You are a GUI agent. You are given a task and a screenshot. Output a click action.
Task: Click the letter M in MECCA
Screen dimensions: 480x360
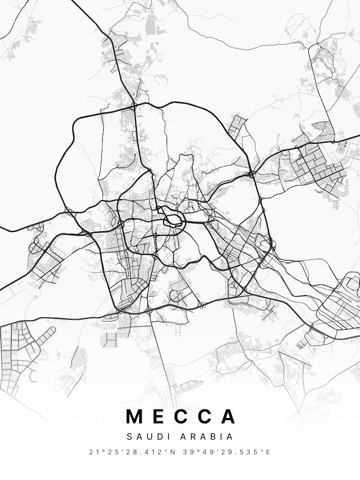pyautogui.click(x=135, y=416)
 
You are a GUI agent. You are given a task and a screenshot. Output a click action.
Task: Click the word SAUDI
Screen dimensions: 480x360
pyautogui.click(x=145, y=437)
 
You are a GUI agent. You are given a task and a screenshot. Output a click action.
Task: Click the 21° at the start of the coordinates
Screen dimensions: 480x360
pyautogui.click(x=94, y=452)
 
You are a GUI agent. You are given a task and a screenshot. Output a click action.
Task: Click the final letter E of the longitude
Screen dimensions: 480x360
pyautogui.click(x=268, y=452)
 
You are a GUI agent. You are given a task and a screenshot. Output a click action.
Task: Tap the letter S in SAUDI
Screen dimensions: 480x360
pyautogui.click(x=129, y=437)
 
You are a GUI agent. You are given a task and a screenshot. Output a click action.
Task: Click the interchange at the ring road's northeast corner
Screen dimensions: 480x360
pyautogui.click(x=252, y=173)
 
